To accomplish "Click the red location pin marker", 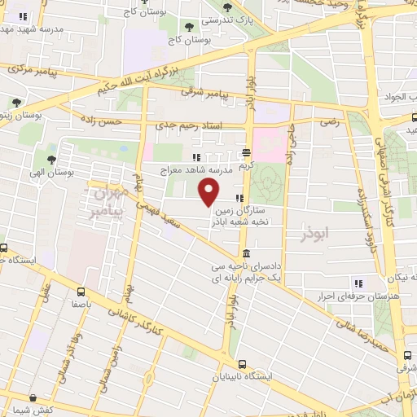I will pos(209,193).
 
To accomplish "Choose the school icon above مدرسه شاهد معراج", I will pos(195,157).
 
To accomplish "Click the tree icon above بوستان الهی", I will pos(52,160).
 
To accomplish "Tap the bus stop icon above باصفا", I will pos(80,291).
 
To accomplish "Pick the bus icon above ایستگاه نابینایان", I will pos(241,365).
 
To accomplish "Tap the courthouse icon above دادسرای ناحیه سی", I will pos(245,254).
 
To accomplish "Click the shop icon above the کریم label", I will pos(246,152).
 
